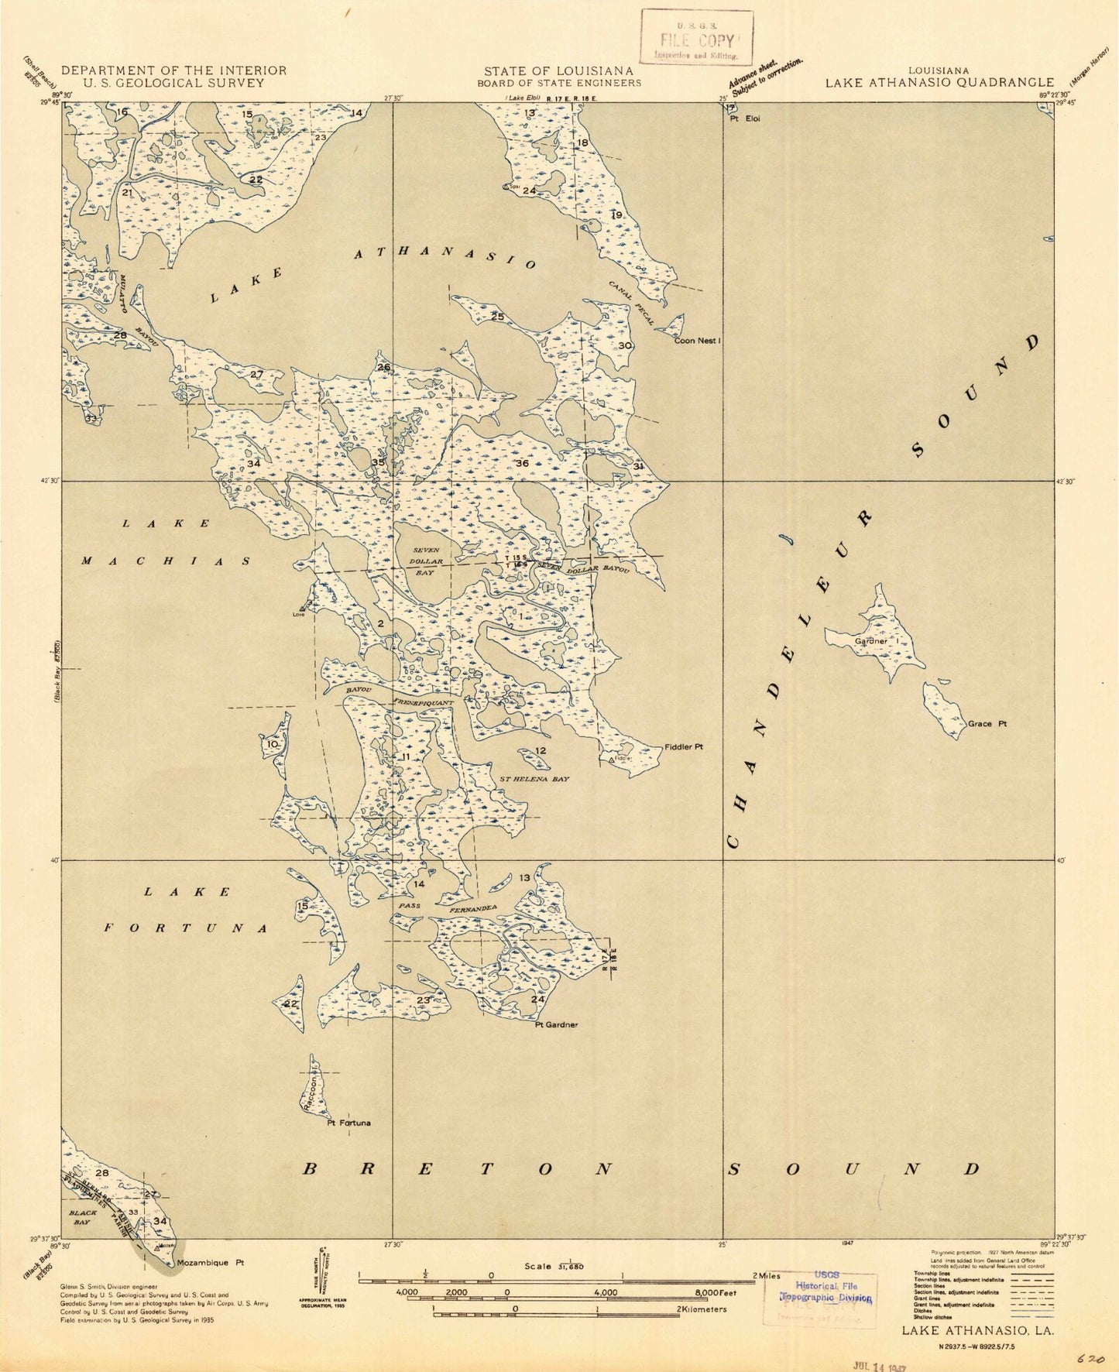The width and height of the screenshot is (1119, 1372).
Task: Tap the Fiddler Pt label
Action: point(683,747)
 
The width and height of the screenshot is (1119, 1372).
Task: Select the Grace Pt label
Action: point(987,725)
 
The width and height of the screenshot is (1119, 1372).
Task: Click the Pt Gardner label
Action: point(556,1024)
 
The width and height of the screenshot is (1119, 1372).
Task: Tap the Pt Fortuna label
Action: point(348,1123)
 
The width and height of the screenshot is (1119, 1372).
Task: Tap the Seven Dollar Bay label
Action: point(427,561)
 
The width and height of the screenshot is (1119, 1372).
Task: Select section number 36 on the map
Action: point(522,463)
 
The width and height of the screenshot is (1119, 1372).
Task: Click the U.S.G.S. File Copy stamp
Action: point(696,36)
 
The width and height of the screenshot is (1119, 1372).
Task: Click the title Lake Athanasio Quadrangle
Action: point(939,82)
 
